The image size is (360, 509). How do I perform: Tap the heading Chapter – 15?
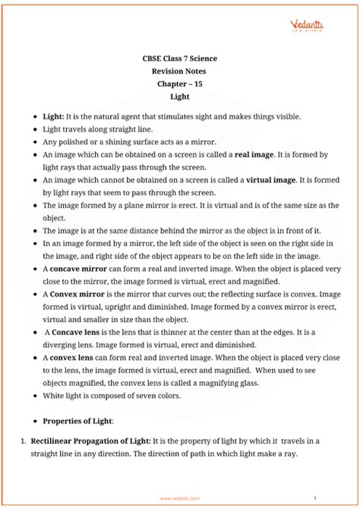180,84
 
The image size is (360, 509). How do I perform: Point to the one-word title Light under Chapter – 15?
180,97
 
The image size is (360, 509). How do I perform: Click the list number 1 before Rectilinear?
24,440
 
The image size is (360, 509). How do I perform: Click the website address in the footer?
179,498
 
